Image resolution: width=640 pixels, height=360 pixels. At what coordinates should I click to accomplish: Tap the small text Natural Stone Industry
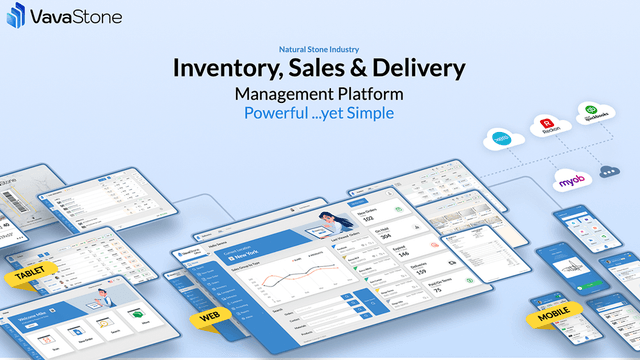319,48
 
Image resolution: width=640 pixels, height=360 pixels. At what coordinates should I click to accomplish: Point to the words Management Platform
319,93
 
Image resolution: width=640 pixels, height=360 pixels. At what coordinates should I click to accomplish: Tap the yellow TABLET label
29,274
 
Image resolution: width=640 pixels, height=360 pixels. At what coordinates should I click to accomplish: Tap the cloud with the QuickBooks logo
592,112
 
